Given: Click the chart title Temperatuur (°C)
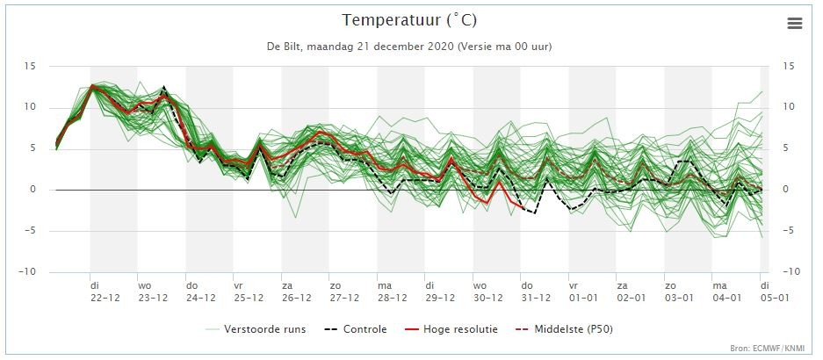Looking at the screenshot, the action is coord(410,20).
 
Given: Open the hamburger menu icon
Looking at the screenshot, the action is coord(795,23).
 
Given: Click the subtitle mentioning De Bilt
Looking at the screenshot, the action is coord(409,47).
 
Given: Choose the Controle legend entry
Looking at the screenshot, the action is coord(356,329).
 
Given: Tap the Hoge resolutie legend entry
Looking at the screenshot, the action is coord(451,329).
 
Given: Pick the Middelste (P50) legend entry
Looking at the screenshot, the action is coord(564,329).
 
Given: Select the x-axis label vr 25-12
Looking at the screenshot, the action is coord(249,292).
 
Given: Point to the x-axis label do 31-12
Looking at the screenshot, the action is coord(536,292).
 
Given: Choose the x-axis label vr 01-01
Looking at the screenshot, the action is coord(583,292).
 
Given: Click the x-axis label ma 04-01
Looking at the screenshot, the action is coord(726,292).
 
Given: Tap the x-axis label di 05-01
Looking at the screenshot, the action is coord(776,292).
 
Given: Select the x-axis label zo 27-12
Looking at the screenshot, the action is coord(344,292).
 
